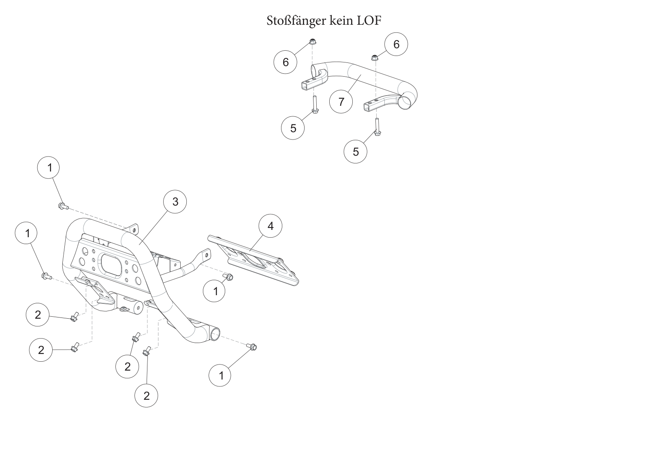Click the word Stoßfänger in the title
click(296, 21)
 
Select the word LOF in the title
click(369, 21)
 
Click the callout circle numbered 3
click(175, 202)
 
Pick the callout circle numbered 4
click(270, 226)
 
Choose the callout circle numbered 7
click(341, 102)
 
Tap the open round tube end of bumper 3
click(215, 335)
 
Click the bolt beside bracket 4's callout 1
click(228, 277)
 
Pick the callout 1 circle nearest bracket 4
click(214, 291)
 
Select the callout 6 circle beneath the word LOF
click(396, 44)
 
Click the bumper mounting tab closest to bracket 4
click(206, 254)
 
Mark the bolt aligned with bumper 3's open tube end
click(252, 346)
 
